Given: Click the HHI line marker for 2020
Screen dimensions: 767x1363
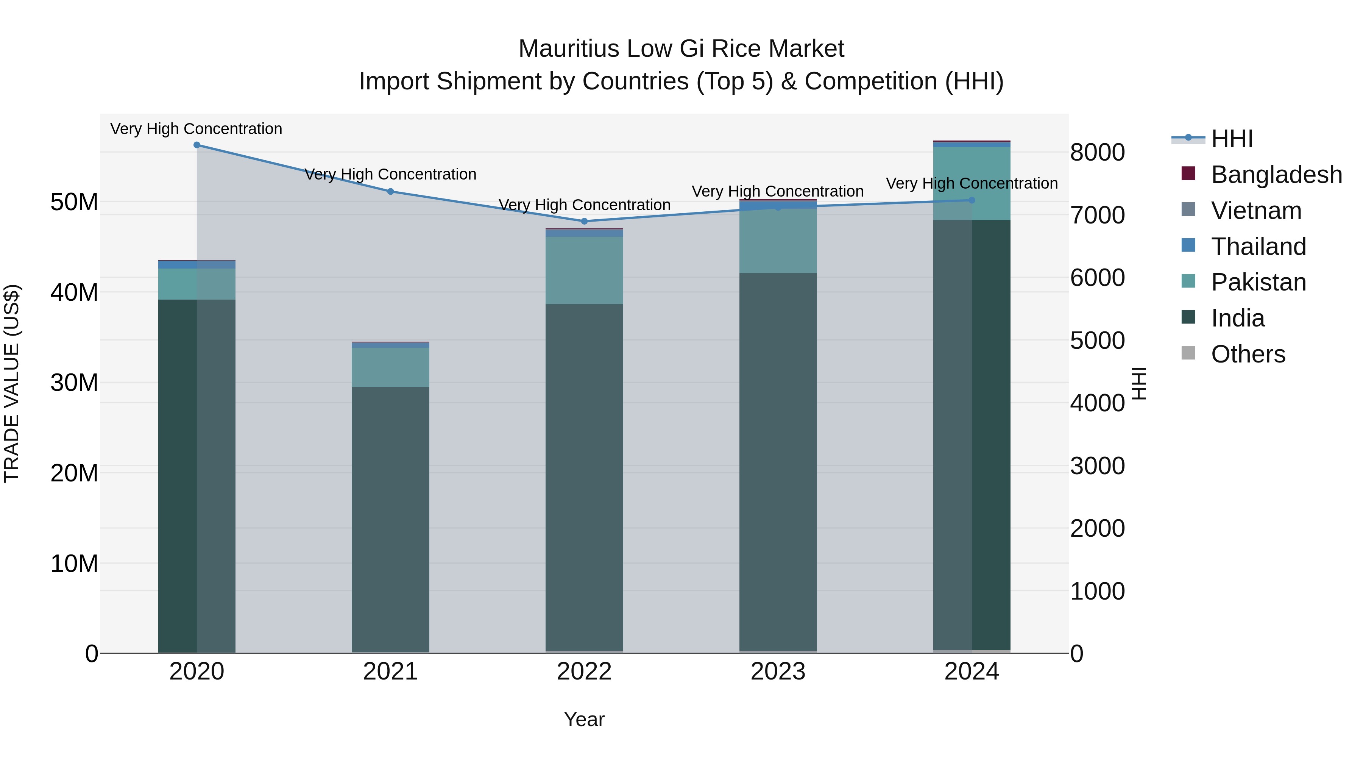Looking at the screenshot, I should tap(197, 145).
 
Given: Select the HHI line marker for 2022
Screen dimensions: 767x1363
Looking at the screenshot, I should tap(584, 221).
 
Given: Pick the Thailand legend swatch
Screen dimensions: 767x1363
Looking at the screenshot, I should tap(1188, 245).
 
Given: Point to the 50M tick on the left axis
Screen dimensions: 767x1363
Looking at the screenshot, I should tap(74, 202).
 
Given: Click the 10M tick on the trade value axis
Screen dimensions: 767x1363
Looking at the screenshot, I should tap(74, 564).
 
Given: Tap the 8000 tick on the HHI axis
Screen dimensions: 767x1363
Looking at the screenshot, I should tap(1097, 152).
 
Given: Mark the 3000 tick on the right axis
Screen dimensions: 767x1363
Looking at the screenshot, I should tap(1097, 466).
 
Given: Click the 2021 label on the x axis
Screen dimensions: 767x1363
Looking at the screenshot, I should tap(390, 672).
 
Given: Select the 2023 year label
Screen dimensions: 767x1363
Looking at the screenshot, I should tap(778, 672).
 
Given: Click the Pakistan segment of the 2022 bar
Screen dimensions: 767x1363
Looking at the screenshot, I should tap(584, 270).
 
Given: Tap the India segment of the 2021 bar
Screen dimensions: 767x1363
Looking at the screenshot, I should tap(390, 519).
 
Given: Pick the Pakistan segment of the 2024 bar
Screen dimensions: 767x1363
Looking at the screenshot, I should tap(972, 183).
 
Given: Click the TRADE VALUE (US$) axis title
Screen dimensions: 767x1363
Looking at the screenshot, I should tap(12, 383).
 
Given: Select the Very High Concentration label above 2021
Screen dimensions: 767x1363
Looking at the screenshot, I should tap(390, 174).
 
